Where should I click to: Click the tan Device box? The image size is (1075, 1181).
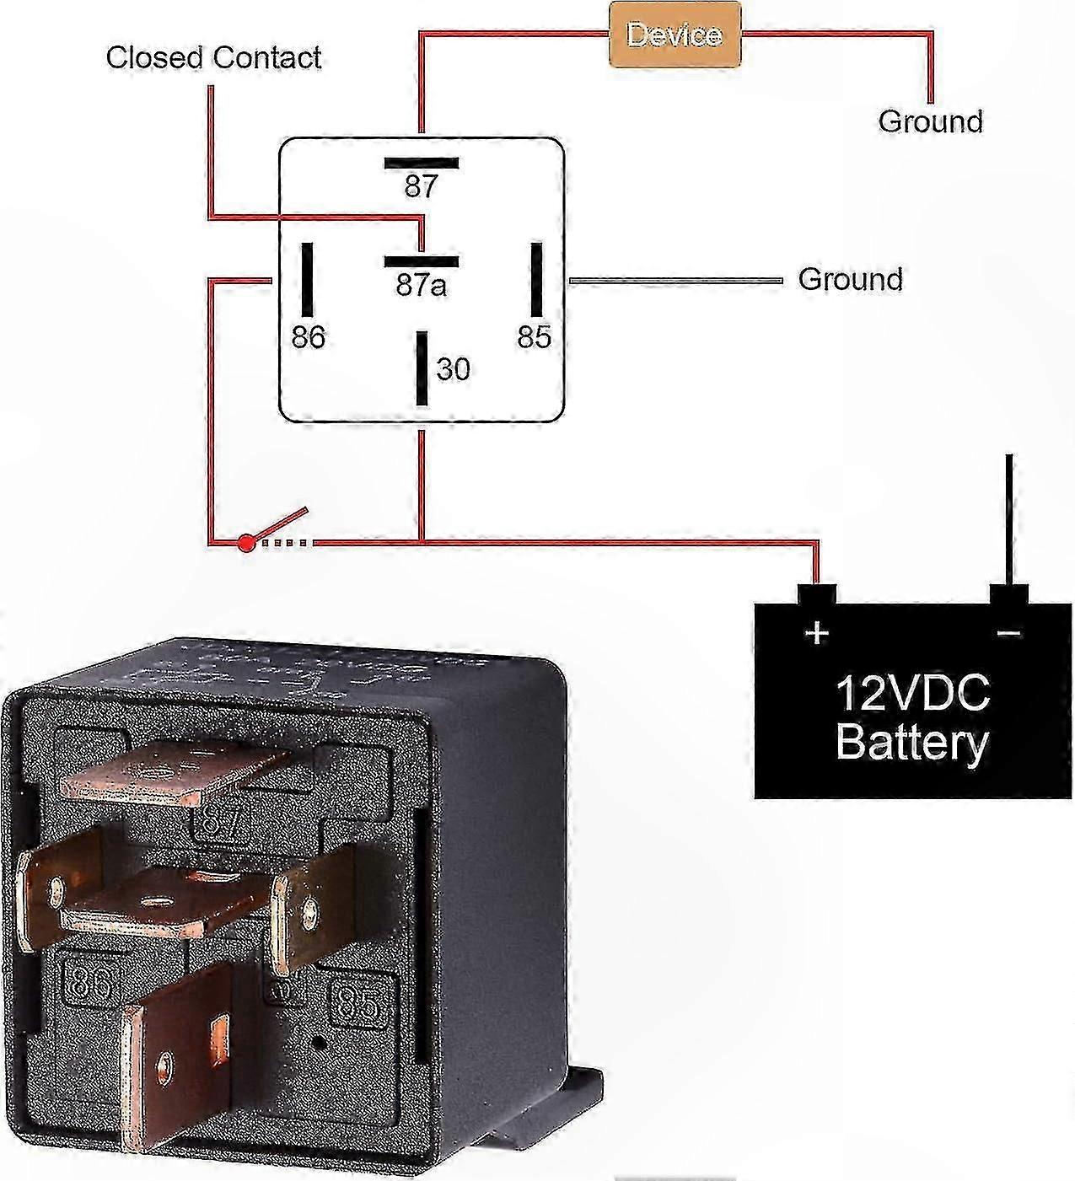(675, 35)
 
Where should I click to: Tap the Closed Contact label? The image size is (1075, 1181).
(213, 57)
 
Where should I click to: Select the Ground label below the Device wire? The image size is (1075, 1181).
(930, 121)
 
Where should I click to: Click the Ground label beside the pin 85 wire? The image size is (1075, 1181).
(850, 279)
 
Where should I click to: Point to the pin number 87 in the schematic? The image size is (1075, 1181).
(421, 186)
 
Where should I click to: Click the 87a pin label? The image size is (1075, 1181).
(421, 287)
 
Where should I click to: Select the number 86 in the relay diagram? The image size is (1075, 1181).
(308, 337)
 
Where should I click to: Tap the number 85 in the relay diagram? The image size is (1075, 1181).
(534, 337)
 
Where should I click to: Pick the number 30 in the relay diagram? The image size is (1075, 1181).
(454, 369)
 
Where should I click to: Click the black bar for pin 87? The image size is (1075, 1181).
(422, 163)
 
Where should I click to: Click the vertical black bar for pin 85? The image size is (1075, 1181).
(535, 279)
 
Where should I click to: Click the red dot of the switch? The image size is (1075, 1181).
(245, 544)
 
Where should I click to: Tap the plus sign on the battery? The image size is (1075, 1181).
(816, 632)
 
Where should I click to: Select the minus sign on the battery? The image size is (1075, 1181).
(1009, 632)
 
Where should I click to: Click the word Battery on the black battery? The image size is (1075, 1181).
(912, 743)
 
